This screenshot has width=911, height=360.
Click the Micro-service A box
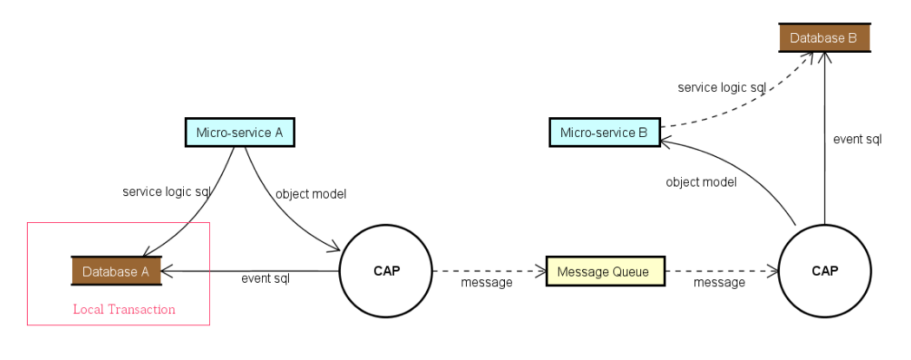[240, 133]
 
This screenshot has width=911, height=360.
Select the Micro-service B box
[604, 133]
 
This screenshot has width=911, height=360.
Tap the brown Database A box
[115, 272]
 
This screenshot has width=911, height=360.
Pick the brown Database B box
[823, 38]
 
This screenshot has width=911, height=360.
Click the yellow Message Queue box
[605, 272]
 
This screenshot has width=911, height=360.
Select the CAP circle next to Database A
[386, 271]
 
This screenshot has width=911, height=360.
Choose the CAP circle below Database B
[824, 271]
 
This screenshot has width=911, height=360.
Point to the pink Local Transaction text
[124, 310]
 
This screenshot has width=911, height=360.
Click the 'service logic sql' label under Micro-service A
[167, 192]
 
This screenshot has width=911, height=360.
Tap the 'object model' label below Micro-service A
[311, 194]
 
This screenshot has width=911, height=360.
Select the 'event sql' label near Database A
[265, 279]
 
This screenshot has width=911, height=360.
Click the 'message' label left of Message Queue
[487, 282]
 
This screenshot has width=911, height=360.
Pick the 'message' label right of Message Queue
[719, 282]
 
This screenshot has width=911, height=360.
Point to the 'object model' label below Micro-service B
[701, 182]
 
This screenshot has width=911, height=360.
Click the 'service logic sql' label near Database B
[722, 88]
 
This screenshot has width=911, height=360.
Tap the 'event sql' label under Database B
[857, 139]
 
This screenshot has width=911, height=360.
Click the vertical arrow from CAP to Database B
[824, 139]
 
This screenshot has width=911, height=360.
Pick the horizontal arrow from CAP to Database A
[252, 271]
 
